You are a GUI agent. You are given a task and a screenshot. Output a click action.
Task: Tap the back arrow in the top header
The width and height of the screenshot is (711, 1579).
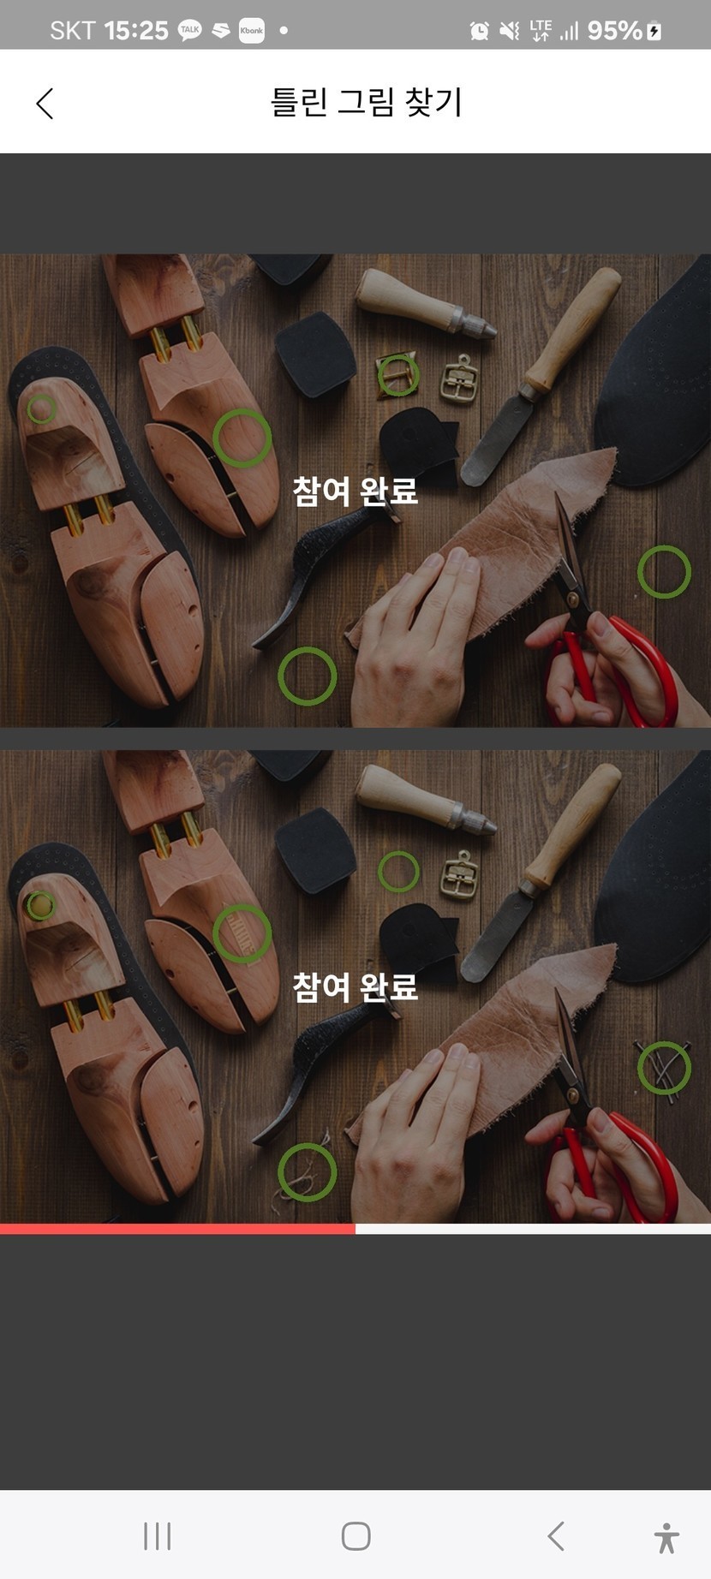tap(45, 104)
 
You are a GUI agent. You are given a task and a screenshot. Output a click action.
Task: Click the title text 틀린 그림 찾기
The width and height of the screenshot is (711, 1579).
tap(367, 102)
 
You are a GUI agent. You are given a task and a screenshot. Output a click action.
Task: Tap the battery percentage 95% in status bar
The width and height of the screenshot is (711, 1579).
tap(614, 31)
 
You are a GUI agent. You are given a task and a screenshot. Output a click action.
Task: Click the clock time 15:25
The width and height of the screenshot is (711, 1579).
tap(136, 31)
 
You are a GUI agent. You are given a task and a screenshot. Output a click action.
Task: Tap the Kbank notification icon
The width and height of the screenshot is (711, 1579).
tap(252, 31)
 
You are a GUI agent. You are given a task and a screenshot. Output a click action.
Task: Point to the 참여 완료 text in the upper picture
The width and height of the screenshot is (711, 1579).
tap(355, 491)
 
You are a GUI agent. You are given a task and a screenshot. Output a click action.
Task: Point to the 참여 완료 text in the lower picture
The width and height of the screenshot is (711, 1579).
tap(355, 986)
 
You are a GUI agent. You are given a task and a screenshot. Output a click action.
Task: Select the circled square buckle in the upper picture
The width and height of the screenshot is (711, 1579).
tap(398, 374)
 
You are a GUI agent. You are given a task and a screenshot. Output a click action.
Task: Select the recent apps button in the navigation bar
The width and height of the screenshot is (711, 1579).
tap(158, 1536)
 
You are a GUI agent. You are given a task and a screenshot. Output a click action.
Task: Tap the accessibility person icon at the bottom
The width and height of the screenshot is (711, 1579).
tap(666, 1537)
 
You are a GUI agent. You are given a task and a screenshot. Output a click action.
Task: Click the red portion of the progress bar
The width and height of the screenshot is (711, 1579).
tap(177, 1229)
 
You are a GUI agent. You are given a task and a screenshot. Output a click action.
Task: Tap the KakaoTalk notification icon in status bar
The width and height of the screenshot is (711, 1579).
tap(189, 31)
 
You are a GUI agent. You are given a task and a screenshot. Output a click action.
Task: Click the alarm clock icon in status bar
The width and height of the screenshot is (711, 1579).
tap(480, 32)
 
